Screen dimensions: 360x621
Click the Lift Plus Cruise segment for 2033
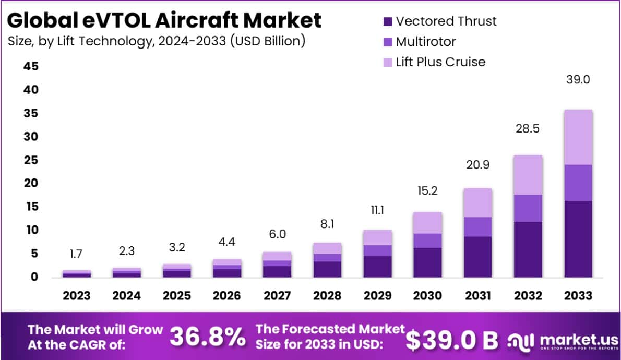click(578, 137)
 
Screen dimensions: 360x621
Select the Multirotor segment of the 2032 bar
click(528, 208)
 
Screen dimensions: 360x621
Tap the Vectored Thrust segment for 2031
click(477, 257)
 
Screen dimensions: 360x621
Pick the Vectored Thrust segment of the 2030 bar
click(427, 262)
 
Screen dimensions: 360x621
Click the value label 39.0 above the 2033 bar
click(578, 80)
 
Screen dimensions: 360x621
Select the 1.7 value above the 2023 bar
click(77, 255)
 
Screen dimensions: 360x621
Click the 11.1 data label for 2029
click(377, 210)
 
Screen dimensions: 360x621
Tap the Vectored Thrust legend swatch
click(387, 22)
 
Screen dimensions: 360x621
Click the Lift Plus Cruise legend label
click(440, 62)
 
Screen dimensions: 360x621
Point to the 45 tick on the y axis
click(30, 67)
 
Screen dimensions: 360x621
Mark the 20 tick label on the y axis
click(30, 183)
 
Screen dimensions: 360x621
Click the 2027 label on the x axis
click(277, 296)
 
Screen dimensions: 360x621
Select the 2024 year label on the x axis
click(127, 296)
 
